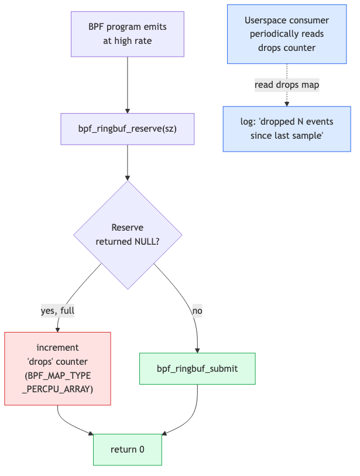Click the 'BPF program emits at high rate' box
click(128, 34)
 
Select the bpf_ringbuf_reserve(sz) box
click(128, 129)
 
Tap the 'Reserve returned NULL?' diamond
click(128, 235)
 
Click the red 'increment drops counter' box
click(58, 368)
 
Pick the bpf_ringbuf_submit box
click(197, 368)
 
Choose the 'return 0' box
click(128, 450)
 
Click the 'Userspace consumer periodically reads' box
click(287, 34)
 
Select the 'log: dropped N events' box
click(287, 129)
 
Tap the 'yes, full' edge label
click(58, 311)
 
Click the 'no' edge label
click(197, 311)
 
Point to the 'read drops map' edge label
click(287, 85)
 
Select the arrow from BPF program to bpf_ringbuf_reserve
click(128, 85)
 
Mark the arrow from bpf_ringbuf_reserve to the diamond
click(128, 163)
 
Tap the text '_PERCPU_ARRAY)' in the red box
click(58, 389)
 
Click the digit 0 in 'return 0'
click(142, 450)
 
